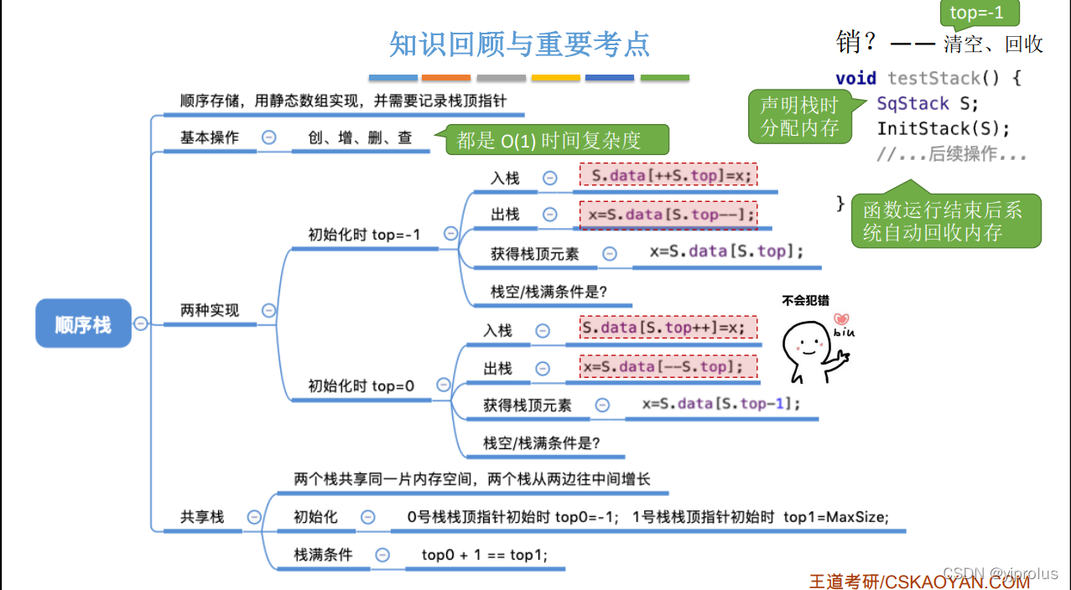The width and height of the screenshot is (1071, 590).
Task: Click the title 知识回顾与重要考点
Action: pyautogui.click(x=520, y=44)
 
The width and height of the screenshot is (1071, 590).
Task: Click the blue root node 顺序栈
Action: pyautogui.click(x=83, y=323)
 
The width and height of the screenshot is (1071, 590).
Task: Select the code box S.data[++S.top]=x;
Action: pyautogui.click(x=668, y=176)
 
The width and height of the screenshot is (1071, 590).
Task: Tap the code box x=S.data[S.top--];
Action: pyautogui.click(x=668, y=215)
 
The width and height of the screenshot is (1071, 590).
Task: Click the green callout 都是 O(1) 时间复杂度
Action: pyautogui.click(x=549, y=141)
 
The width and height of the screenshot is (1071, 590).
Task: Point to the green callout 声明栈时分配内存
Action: pyautogui.click(x=798, y=116)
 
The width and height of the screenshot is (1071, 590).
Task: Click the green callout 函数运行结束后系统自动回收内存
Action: pyautogui.click(x=944, y=221)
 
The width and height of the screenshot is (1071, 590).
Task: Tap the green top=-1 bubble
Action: pyautogui.click(x=976, y=13)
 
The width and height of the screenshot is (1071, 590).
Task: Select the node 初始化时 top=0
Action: pyautogui.click(x=361, y=386)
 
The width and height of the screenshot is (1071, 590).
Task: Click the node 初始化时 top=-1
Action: pyautogui.click(x=364, y=235)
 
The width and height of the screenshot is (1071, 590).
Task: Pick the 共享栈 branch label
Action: pyautogui.click(x=202, y=517)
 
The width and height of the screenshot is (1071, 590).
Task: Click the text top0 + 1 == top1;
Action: pyautogui.click(x=484, y=555)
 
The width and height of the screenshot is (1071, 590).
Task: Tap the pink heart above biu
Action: pyautogui.click(x=841, y=318)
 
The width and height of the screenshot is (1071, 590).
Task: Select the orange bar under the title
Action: pyautogui.click(x=446, y=78)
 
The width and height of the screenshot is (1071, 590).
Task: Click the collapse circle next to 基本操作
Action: pyautogui.click(x=268, y=137)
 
